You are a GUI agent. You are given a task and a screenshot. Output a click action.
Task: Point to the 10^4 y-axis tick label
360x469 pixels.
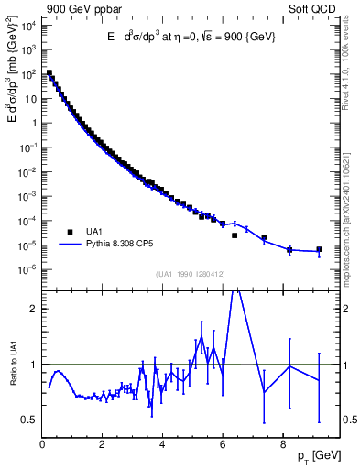(27, 25)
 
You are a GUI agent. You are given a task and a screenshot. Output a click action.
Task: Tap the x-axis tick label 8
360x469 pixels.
(283, 446)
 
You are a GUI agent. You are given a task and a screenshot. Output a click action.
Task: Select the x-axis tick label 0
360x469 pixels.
(43, 446)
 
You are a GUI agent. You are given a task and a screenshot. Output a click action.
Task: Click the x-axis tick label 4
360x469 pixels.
(163, 446)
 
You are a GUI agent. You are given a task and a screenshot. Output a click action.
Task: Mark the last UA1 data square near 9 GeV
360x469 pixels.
(319, 249)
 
